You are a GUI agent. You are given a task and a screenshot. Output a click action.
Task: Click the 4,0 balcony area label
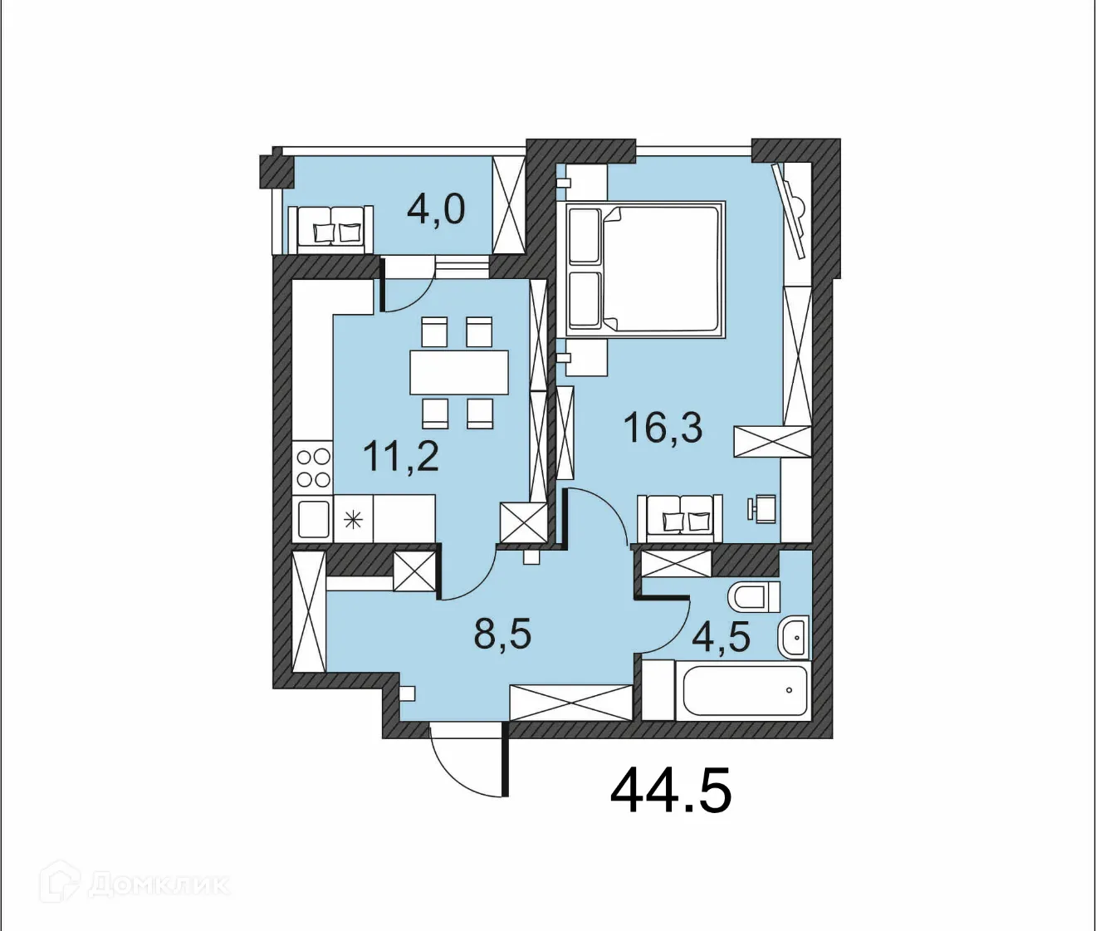pos(436,209)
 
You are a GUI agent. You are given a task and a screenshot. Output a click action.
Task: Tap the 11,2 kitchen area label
pos(401,457)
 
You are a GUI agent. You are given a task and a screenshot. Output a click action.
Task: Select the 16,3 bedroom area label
pos(663,429)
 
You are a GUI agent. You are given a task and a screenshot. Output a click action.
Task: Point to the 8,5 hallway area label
pos(502,635)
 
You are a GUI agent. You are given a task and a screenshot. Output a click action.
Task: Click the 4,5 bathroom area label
pos(721,638)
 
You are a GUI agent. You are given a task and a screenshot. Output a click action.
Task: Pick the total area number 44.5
pos(671,791)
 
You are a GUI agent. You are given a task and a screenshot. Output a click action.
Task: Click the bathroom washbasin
pos(794,638)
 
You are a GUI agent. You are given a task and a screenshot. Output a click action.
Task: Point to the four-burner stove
pos(313,468)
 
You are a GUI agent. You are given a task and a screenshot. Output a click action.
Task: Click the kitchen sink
pos(313,519)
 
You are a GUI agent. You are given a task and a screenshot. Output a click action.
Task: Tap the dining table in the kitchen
pos(458,372)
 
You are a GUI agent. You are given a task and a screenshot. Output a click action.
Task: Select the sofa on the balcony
pos(331,229)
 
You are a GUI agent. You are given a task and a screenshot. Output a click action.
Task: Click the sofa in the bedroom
pos(679,518)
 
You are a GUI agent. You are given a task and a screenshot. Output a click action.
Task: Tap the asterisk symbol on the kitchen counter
pos(354,521)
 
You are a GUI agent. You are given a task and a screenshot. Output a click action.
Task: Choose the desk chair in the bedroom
pos(761,508)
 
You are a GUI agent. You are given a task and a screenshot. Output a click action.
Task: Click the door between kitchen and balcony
pos(406,287)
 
